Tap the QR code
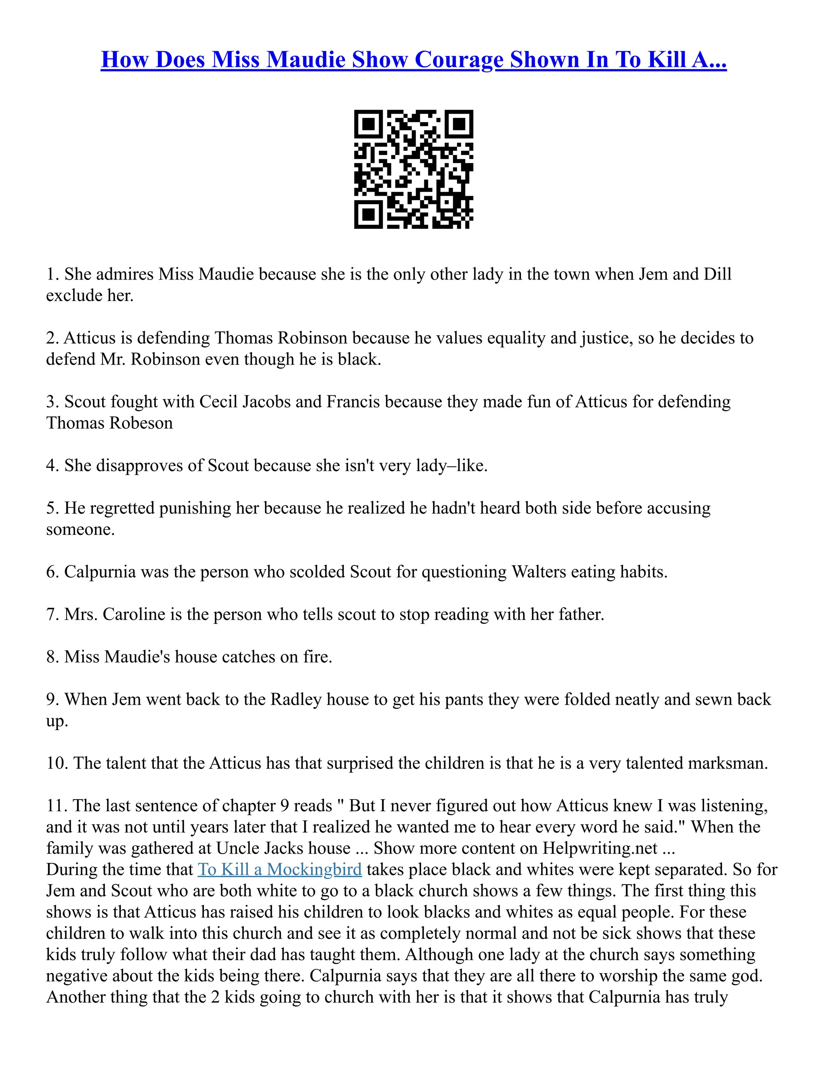(413, 169)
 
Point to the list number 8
(52, 657)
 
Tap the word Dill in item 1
(717, 274)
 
